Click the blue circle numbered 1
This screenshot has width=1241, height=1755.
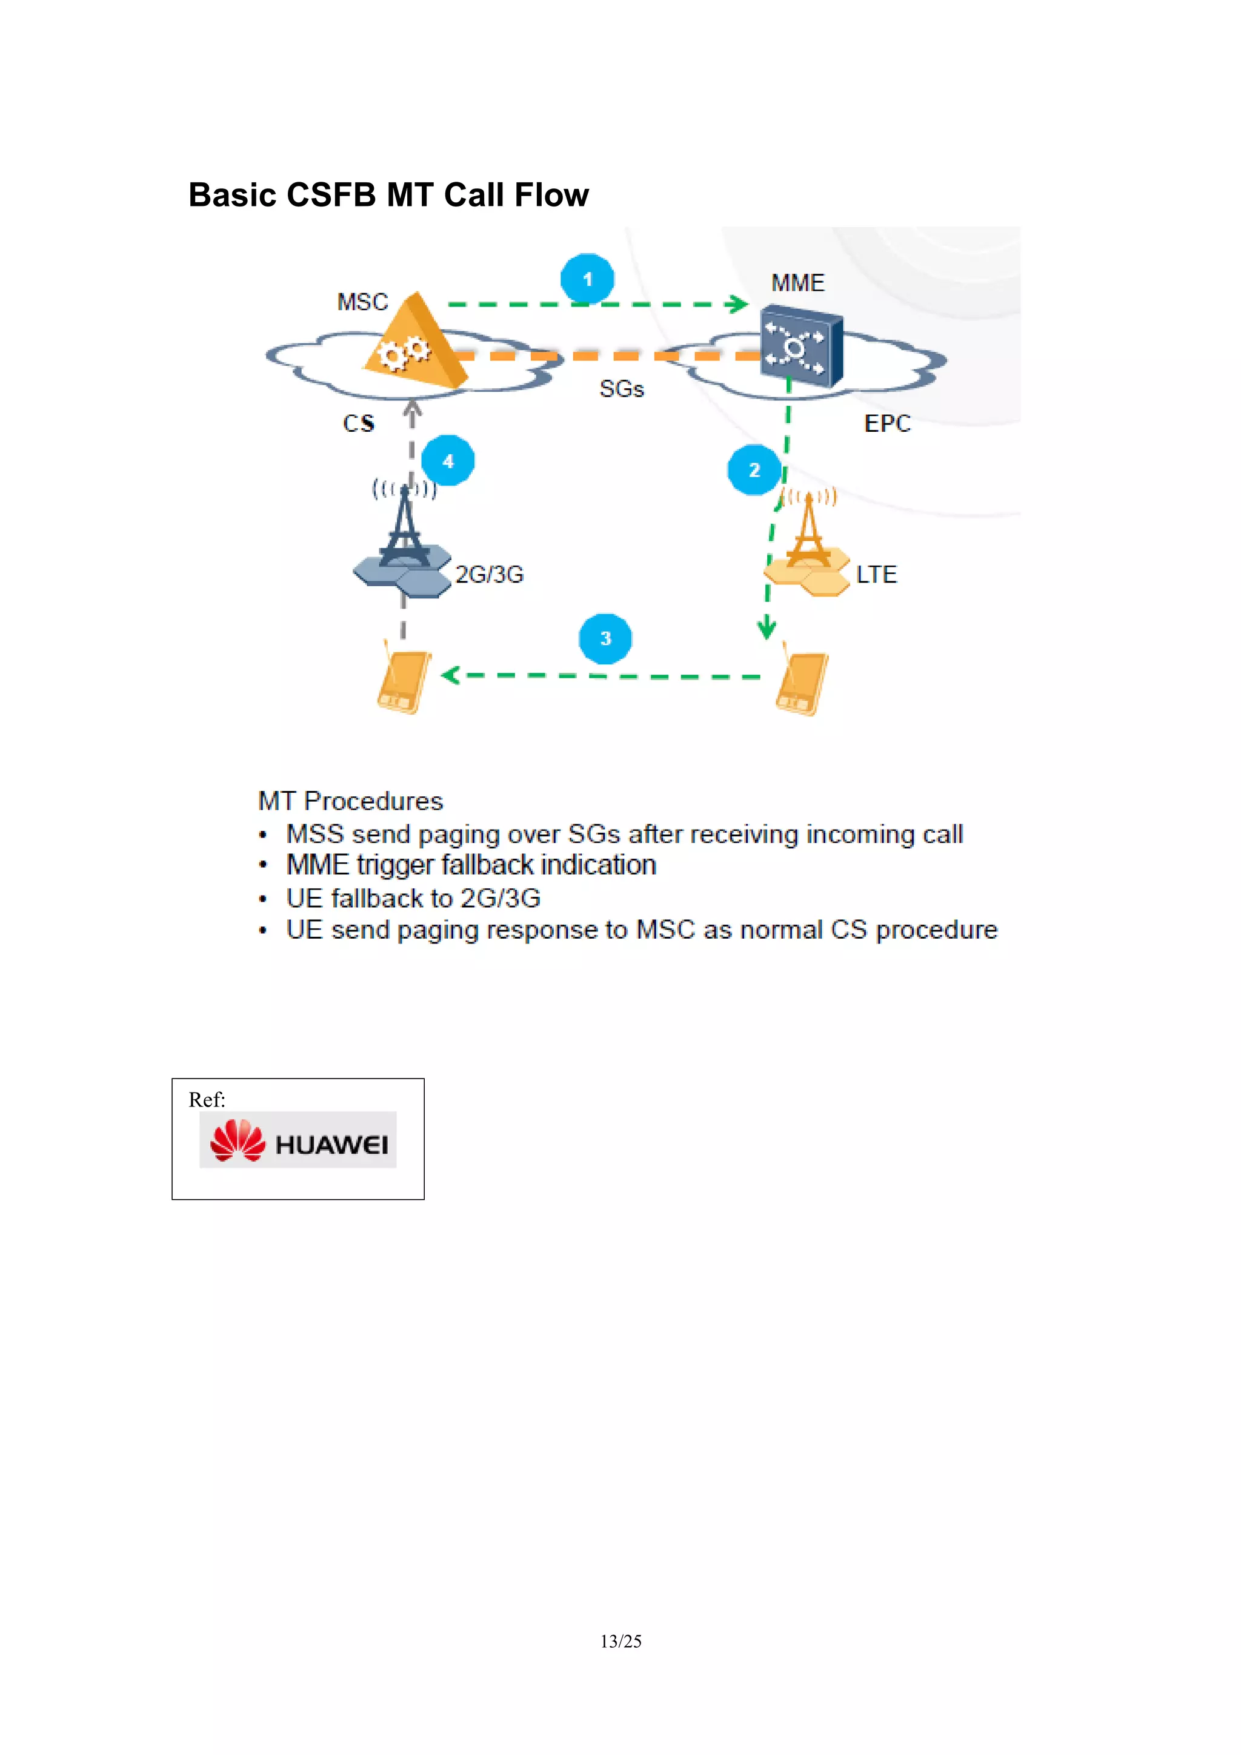[x=587, y=279]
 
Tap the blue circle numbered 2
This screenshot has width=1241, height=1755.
[x=754, y=469]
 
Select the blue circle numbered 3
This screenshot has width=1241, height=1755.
[x=605, y=638]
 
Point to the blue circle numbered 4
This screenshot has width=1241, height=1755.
[x=448, y=461]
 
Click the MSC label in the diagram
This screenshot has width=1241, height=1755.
[x=362, y=302]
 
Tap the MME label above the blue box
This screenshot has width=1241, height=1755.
[x=797, y=283]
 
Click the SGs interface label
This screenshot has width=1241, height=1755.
[x=622, y=389]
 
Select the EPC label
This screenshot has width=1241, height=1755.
[x=887, y=423]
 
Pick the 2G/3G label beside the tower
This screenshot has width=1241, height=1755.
[x=490, y=574]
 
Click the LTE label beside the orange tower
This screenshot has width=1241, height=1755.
[x=876, y=574]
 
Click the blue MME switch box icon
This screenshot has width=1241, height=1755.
[x=800, y=346]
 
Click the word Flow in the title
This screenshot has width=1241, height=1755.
[x=551, y=195]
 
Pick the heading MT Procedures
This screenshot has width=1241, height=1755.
[x=350, y=801]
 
